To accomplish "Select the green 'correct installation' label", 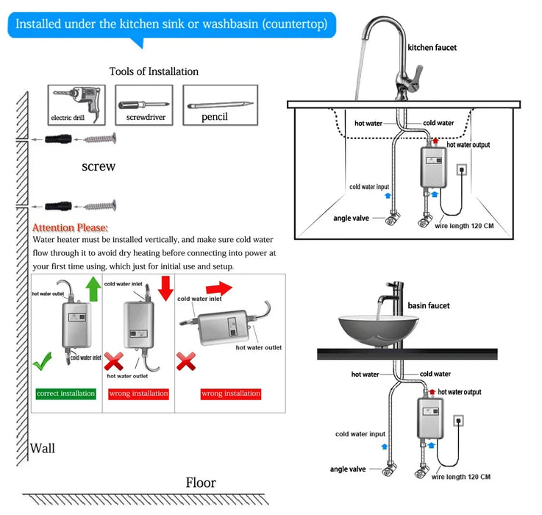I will coord(65,394).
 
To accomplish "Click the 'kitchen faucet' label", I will coord(432,48).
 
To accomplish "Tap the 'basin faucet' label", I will coord(429,305).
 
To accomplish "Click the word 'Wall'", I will coord(43,448).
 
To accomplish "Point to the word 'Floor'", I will coord(201,483).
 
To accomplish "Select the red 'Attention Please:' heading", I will coord(71,228).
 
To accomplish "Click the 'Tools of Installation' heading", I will coord(154,71).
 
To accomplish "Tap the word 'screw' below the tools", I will coord(98,166).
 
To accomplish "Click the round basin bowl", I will coord(378,328).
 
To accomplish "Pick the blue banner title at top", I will coord(171,24).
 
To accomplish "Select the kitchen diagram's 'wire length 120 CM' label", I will coord(464,226).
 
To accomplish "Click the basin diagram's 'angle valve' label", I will coord(348,469).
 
